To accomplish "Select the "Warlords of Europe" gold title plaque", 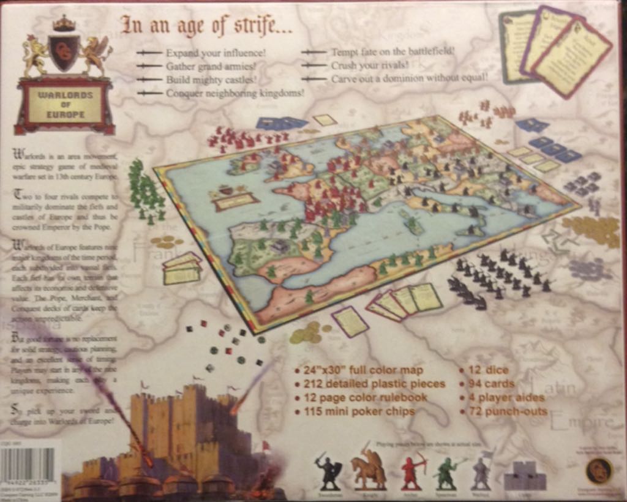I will coord(66,103).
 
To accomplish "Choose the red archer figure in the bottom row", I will coord(412,471).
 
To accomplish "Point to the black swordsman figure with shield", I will coord(328,472).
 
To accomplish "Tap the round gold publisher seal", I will coord(599,471).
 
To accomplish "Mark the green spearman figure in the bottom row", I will coord(447,472).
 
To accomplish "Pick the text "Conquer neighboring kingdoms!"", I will coord(235,93).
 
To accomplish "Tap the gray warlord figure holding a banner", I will coord(482,471).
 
